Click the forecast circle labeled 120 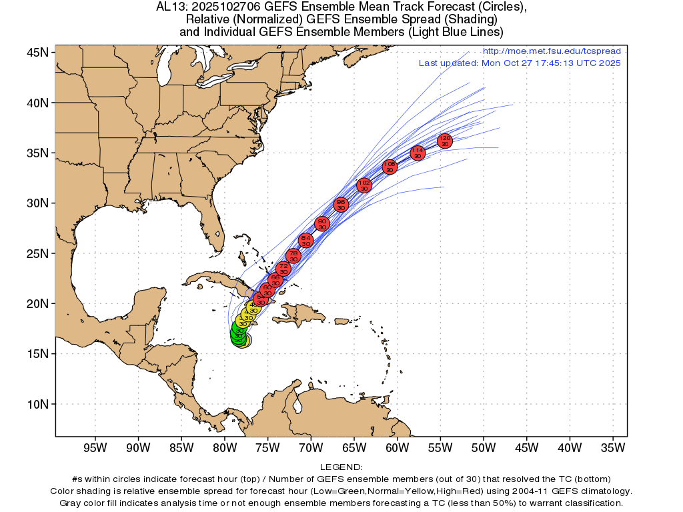point(445,141)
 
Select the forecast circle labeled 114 point(418,153)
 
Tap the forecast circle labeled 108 point(390,167)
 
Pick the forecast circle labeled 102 point(364,185)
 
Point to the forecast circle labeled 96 point(341,205)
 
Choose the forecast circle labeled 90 point(322,223)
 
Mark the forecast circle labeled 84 point(305,240)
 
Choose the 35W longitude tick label point(613,448)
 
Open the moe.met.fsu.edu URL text point(551,51)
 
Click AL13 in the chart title point(170,7)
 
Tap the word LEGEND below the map point(341,467)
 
